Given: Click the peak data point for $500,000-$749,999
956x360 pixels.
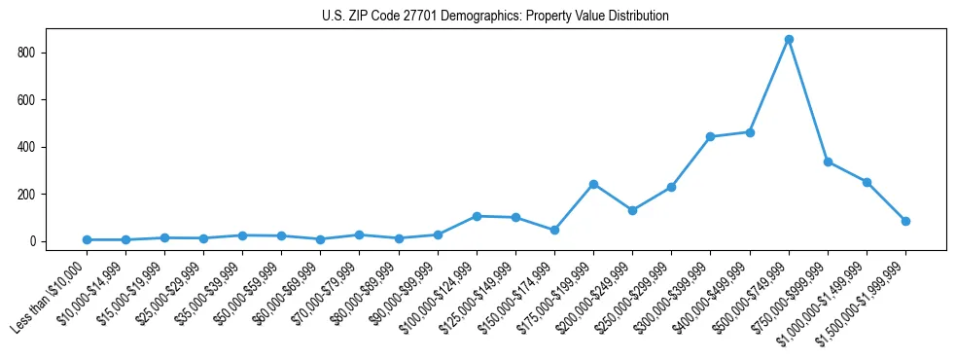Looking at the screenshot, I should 789,39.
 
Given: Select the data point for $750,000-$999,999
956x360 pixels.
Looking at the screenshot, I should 828,162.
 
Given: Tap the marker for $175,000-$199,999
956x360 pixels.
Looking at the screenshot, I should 593,184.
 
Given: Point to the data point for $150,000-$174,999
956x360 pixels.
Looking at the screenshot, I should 554,230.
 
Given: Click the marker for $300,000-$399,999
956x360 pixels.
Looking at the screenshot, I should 711,136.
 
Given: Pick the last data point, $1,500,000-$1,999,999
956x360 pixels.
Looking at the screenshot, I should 905,221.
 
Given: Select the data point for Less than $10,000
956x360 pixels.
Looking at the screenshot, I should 87,239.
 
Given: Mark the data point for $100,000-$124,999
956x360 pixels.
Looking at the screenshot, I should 477,216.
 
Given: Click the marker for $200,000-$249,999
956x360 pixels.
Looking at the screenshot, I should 632,210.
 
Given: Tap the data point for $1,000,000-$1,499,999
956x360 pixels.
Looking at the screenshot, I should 867,182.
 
